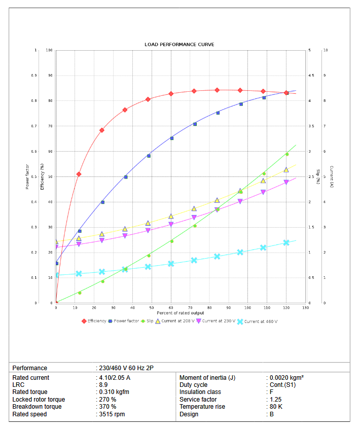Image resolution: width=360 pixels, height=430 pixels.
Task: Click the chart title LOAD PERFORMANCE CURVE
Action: click(179, 45)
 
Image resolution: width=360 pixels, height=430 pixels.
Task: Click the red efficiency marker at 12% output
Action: click(79, 174)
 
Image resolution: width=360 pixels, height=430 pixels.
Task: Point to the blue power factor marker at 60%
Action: click(171, 138)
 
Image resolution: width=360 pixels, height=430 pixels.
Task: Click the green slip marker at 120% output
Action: click(286, 154)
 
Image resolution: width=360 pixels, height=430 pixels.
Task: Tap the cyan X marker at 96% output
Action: click(240, 252)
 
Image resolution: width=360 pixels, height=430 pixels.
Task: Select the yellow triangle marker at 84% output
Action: click(217, 200)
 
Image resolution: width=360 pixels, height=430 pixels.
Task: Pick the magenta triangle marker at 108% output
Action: click(263, 192)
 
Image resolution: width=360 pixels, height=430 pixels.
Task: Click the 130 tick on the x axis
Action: click(305, 308)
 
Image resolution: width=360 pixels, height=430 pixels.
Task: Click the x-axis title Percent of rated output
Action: click(181, 313)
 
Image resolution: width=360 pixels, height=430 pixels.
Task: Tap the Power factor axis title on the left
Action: click(27, 176)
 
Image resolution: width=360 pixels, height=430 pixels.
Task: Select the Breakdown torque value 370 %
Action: click(107, 407)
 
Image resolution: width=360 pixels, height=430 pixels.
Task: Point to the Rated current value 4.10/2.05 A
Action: click(115, 378)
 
